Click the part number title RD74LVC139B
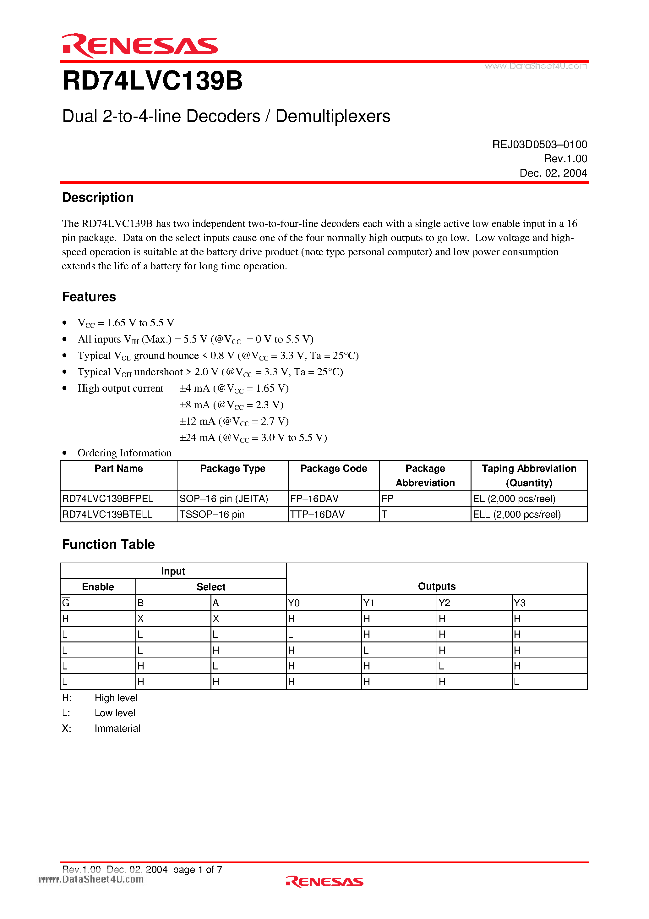click(152, 81)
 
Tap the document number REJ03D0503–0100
click(539, 145)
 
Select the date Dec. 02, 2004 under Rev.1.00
click(553, 173)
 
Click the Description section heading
click(98, 198)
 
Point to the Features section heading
click(89, 297)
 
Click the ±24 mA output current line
click(253, 437)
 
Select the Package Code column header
click(333, 469)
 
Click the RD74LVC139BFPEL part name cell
click(108, 499)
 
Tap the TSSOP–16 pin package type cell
click(212, 514)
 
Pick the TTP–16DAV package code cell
click(317, 514)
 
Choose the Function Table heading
click(108, 545)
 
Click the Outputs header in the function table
click(437, 586)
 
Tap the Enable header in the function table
click(98, 587)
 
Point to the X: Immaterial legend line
click(101, 729)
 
